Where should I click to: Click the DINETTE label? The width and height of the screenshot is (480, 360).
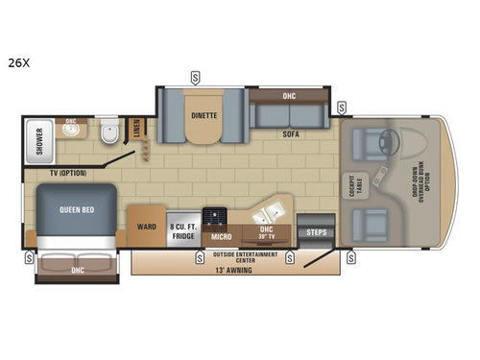point(204,115)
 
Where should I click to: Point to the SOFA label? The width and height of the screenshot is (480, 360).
point(291,135)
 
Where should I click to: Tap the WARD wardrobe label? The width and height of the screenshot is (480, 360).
point(147,228)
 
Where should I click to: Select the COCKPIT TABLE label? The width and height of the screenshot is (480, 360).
point(352,185)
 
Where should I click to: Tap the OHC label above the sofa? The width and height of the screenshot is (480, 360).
point(289,96)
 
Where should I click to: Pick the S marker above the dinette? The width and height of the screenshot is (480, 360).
point(195,76)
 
